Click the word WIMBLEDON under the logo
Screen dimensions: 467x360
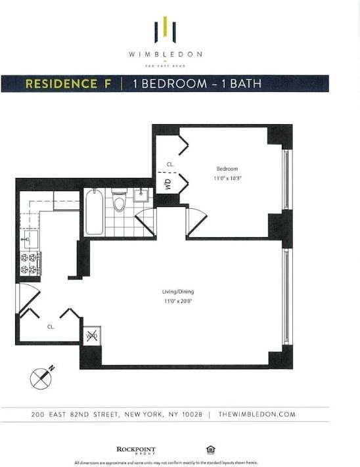tap(165, 55)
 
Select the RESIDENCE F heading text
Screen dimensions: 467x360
tap(68, 84)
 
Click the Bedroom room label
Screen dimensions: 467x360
tap(227, 168)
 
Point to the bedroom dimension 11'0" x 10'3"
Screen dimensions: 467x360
tap(227, 178)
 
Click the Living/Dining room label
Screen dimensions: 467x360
tap(179, 292)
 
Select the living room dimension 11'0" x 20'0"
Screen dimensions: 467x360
tap(179, 301)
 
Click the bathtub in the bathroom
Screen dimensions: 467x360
tap(95, 211)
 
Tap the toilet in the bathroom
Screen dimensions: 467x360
tap(119, 201)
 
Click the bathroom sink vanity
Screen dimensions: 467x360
tap(142, 195)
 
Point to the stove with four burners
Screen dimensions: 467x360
tap(30, 263)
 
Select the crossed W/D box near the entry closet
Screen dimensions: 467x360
tap(92, 336)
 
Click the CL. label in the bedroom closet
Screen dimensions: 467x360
tap(169, 164)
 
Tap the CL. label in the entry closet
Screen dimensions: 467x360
tap(51, 326)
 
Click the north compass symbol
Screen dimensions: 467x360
tap(41, 378)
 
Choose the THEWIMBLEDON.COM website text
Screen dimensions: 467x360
tap(257, 414)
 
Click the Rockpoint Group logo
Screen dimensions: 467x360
tap(131, 450)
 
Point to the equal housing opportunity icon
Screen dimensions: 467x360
tap(210, 450)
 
